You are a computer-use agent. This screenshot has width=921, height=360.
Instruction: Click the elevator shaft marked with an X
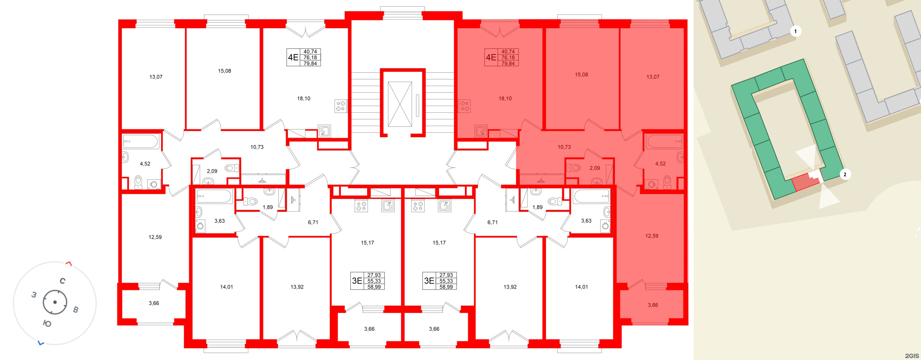click(400, 104)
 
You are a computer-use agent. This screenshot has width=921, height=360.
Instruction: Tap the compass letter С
click(63, 281)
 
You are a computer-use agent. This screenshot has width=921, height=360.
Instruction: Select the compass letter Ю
click(47, 323)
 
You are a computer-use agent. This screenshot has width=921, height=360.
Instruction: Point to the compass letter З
click(34, 295)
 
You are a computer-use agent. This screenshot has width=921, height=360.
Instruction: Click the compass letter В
click(76, 310)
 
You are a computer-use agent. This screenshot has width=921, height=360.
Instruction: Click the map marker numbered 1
click(795, 31)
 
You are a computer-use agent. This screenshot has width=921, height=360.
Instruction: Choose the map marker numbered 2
click(845, 174)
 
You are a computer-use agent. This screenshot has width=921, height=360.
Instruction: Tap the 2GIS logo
click(912, 356)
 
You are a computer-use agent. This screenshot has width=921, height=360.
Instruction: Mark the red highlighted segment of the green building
click(805, 183)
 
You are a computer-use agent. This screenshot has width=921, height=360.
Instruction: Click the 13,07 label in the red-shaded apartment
click(653, 77)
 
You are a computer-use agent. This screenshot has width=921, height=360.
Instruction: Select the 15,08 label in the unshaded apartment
click(224, 71)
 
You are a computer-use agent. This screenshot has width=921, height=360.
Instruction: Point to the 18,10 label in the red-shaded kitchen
click(505, 99)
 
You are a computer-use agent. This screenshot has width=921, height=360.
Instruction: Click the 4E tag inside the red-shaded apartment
click(491, 57)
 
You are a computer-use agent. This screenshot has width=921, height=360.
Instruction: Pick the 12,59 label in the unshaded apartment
click(155, 237)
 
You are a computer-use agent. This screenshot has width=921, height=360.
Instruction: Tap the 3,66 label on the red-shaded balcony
click(653, 305)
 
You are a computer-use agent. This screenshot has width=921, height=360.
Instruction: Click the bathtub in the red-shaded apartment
click(665, 142)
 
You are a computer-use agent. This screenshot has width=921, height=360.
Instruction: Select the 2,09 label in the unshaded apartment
click(212, 171)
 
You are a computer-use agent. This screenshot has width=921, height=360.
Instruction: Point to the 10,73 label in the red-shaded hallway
click(564, 147)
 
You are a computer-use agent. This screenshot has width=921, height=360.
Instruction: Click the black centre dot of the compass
click(55, 302)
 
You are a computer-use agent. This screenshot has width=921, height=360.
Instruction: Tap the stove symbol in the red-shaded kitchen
click(464, 106)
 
